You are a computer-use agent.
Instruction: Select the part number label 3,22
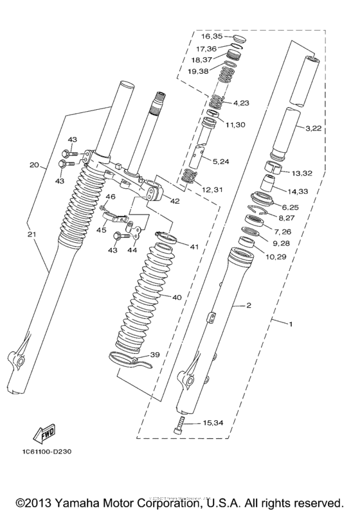tap(313, 128)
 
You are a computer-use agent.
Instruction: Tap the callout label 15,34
tap(213, 423)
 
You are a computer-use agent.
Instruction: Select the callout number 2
tap(248, 306)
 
